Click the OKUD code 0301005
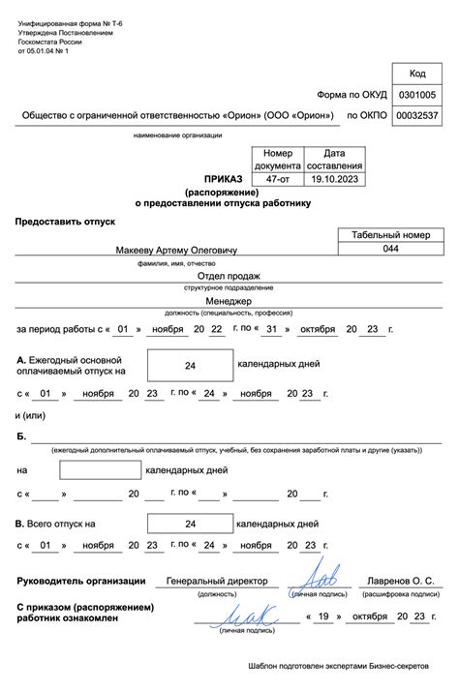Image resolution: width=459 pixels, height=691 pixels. pos(418,95)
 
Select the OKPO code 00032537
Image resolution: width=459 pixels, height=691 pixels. pos(418,116)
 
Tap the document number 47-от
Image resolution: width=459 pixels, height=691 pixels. pos(276,179)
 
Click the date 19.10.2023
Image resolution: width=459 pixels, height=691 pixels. pos(334,179)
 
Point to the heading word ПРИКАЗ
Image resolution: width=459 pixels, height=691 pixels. pos(223,179)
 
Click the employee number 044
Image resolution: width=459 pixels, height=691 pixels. pos(390,249)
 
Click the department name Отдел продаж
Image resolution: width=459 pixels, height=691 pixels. pos(229,276)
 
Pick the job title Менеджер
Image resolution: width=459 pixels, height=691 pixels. pos(229,301)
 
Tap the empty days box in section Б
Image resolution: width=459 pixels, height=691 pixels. pos(101,470)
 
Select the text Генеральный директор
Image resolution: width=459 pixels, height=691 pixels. pos(216,581)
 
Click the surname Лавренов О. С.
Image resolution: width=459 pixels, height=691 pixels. pos(400,581)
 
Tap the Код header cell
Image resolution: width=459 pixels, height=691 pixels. pos(418,74)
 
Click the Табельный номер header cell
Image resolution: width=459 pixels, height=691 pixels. pos(390,235)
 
